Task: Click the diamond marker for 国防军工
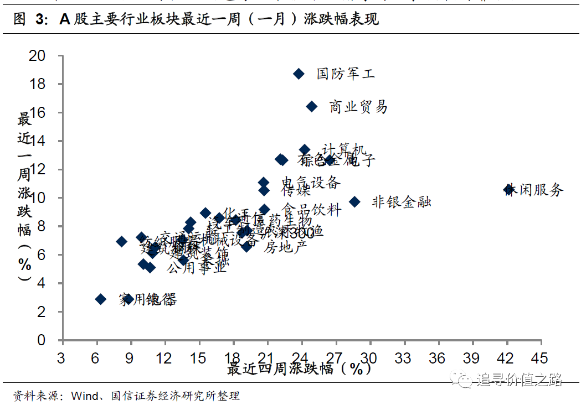[299, 74]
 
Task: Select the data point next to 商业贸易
[311, 106]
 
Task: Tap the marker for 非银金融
[354, 202]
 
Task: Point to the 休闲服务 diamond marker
[508, 190]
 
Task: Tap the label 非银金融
[401, 202]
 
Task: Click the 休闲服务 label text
[536, 190]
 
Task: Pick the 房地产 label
[285, 247]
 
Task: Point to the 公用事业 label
[197, 268]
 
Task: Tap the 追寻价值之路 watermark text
[519, 380]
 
